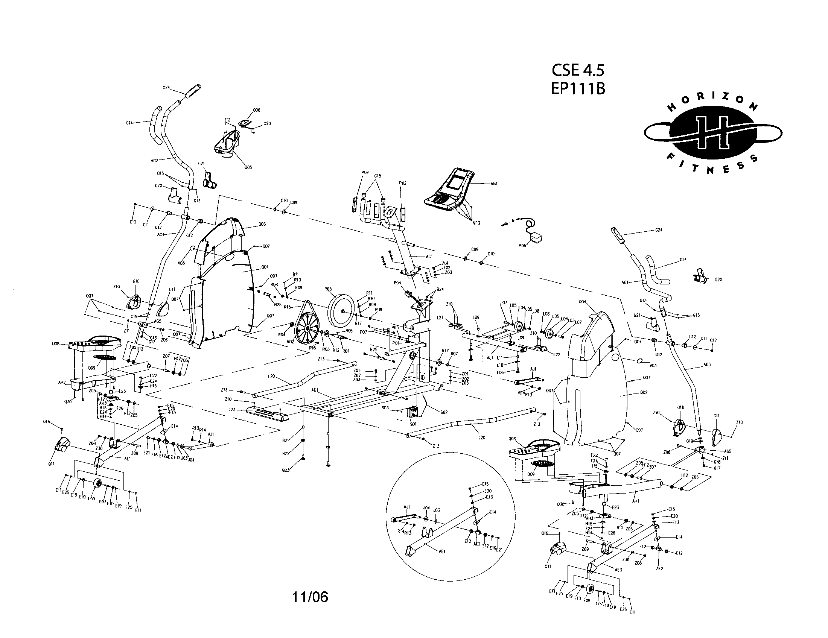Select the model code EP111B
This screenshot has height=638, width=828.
click(x=578, y=89)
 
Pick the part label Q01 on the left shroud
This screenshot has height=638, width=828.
click(x=265, y=267)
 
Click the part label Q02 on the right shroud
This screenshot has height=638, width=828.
click(x=643, y=392)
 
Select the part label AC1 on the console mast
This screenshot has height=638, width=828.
click(x=429, y=257)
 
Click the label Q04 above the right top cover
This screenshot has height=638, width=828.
click(x=582, y=302)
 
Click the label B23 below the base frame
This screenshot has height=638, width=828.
click(x=286, y=470)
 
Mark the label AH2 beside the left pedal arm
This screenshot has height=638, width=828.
click(x=62, y=382)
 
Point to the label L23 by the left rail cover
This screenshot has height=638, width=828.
click(x=232, y=410)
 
